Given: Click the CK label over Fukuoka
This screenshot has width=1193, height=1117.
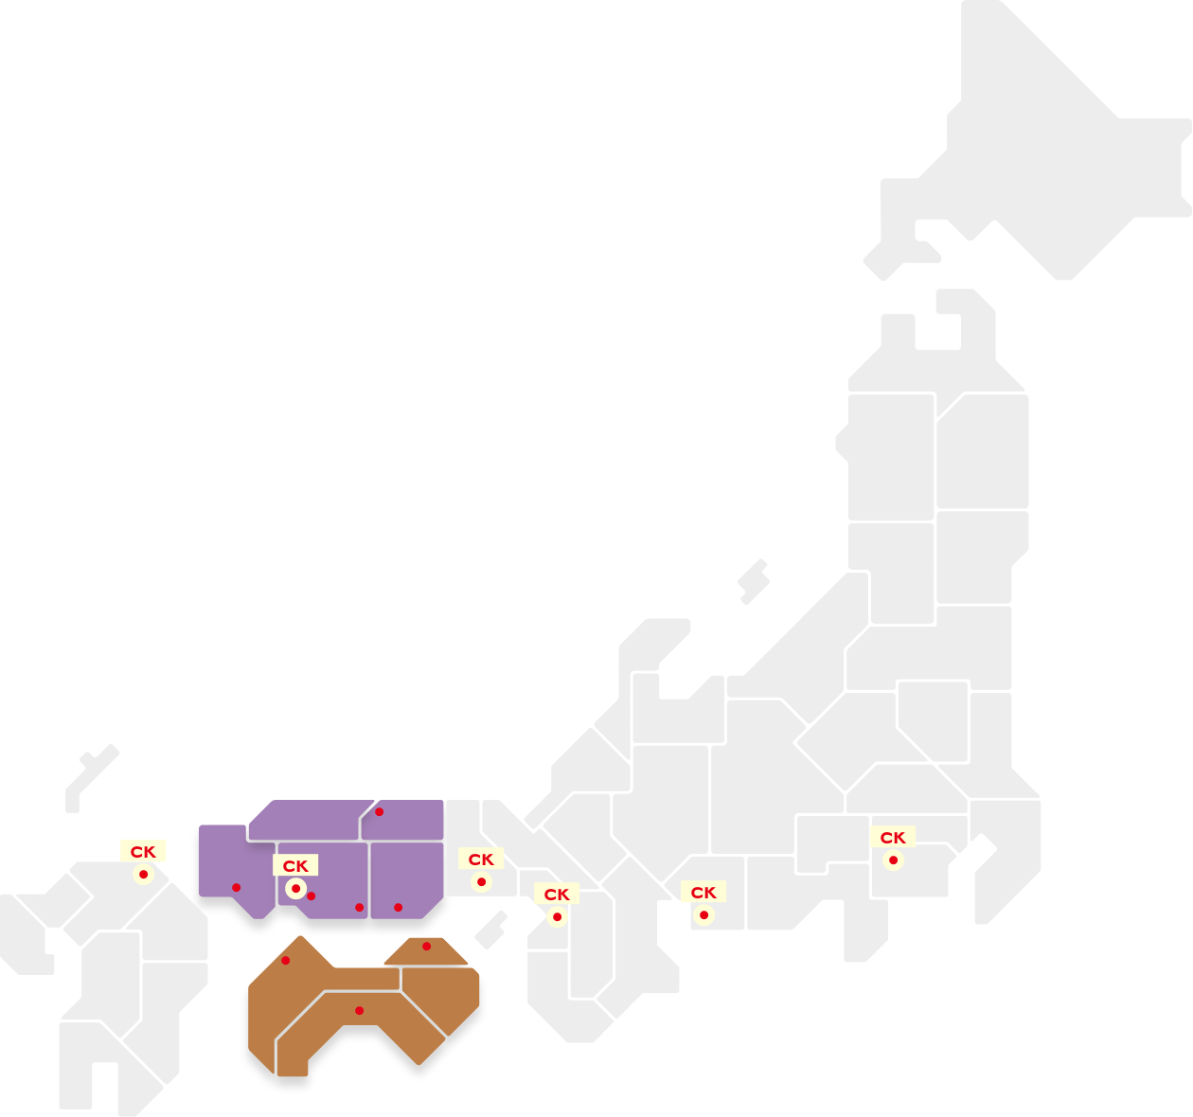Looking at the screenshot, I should point(143,852).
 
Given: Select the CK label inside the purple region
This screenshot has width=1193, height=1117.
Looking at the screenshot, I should point(295,866).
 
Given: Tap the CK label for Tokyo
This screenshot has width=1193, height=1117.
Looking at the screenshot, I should point(893,838).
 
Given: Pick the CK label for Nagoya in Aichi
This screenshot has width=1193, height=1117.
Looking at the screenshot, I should point(703,893).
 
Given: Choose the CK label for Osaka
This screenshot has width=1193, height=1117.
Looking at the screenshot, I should point(557,895).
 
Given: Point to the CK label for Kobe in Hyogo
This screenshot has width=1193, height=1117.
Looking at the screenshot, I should point(481,860).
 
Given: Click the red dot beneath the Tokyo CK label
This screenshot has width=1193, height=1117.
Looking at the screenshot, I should point(893,860).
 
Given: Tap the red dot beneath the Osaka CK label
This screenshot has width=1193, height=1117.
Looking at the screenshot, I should point(557,917).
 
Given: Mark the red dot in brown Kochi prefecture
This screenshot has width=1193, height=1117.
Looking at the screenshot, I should point(359,1011).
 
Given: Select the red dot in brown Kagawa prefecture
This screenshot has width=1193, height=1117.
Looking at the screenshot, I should point(426,947).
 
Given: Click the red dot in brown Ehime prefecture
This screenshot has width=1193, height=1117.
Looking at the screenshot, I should point(285,961).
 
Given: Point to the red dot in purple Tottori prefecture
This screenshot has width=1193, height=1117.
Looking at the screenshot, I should point(379,812).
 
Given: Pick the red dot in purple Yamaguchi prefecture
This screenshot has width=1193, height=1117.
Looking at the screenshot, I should point(236,888).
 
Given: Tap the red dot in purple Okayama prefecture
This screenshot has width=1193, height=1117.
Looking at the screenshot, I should point(398,908).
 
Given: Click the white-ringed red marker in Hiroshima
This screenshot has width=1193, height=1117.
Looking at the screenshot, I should point(295,889).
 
